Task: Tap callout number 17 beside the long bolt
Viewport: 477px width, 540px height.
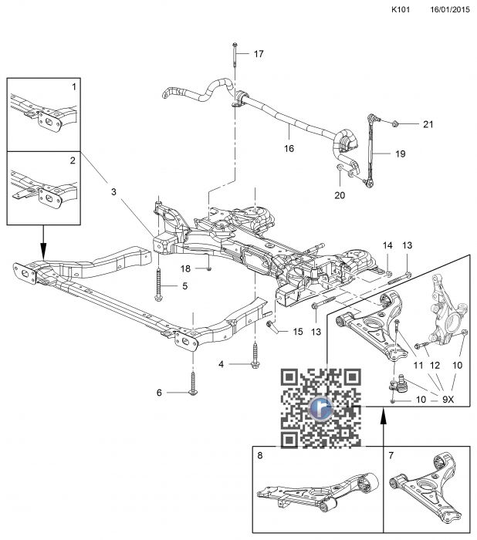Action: pyautogui.click(x=259, y=54)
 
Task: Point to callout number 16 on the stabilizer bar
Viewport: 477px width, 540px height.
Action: pyautogui.click(x=288, y=148)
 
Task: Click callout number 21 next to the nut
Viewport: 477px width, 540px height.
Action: pyautogui.click(x=428, y=124)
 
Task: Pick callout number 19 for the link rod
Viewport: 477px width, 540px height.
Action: pyautogui.click(x=400, y=154)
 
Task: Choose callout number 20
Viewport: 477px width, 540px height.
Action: pyautogui.click(x=340, y=194)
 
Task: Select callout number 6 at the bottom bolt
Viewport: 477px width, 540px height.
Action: pyautogui.click(x=160, y=393)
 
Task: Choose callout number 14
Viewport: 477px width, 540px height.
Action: pyautogui.click(x=388, y=245)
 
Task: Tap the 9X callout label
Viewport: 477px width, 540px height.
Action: pyautogui.click(x=448, y=400)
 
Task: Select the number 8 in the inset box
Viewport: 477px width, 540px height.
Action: pyautogui.click(x=260, y=457)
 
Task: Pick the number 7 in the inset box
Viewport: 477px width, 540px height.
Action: pyautogui.click(x=392, y=457)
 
